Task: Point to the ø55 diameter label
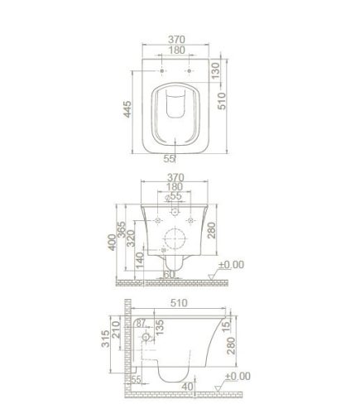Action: click(x=175, y=197)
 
